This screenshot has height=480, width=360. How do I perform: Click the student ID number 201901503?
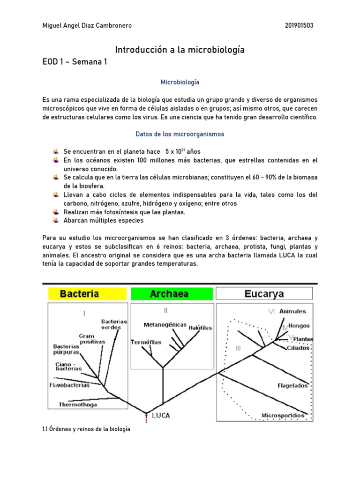click(x=299, y=25)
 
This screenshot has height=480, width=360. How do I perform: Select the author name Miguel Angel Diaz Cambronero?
click(x=87, y=25)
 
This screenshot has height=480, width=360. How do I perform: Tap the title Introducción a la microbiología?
click(x=180, y=49)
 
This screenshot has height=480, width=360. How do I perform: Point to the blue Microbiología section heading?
click(x=180, y=82)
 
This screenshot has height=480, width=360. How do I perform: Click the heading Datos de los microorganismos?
click(x=180, y=134)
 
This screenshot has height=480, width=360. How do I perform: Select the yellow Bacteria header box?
click(x=86, y=294)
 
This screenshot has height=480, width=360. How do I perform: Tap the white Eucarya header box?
click(x=264, y=294)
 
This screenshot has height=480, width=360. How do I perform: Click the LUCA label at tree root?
click(x=161, y=415)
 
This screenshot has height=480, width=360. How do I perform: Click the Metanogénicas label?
click(x=165, y=325)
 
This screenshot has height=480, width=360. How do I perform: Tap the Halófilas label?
click(x=201, y=328)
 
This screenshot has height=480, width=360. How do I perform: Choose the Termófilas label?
click(x=146, y=342)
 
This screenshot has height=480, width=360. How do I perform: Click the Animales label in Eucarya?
click(x=292, y=311)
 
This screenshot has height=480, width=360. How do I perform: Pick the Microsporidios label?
click(x=283, y=415)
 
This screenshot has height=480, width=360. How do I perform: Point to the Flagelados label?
click(x=292, y=386)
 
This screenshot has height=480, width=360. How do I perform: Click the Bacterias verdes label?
click(x=114, y=324)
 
